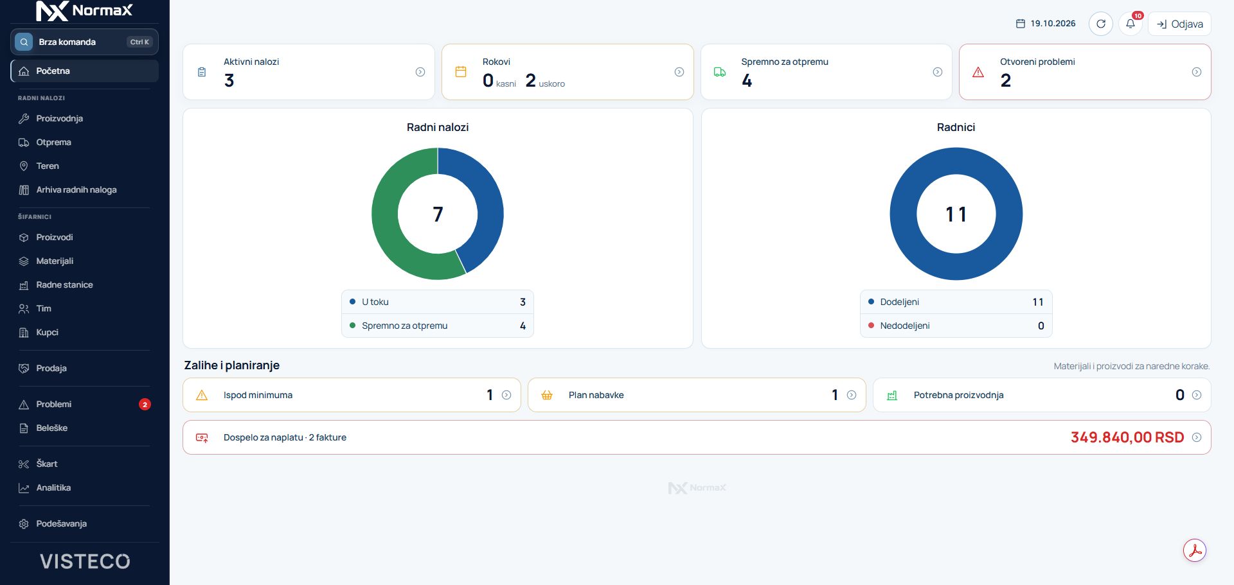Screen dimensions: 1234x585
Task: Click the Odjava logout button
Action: [1179, 24]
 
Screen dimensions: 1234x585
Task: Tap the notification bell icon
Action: [1130, 24]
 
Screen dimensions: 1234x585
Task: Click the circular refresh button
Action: [1100, 24]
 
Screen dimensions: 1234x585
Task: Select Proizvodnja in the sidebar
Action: [59, 118]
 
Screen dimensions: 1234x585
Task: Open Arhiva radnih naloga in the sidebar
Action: [76, 189]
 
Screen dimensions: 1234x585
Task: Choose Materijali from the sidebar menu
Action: [55, 261]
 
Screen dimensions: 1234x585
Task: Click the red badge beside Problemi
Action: [145, 404]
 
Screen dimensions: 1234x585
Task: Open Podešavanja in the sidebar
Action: [61, 523]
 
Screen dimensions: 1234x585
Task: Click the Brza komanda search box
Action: [84, 42]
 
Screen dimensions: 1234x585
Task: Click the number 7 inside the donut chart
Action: [438, 214]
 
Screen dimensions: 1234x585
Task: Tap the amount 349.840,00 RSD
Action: [1127, 437]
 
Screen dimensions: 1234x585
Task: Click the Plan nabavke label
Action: [596, 395]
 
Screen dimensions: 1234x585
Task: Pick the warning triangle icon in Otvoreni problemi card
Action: [978, 72]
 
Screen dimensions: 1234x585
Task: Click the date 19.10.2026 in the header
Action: [1053, 24]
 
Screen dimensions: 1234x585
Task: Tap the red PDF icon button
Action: [1195, 550]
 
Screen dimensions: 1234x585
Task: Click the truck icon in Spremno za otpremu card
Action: [720, 72]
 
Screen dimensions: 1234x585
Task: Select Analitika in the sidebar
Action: [53, 487]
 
